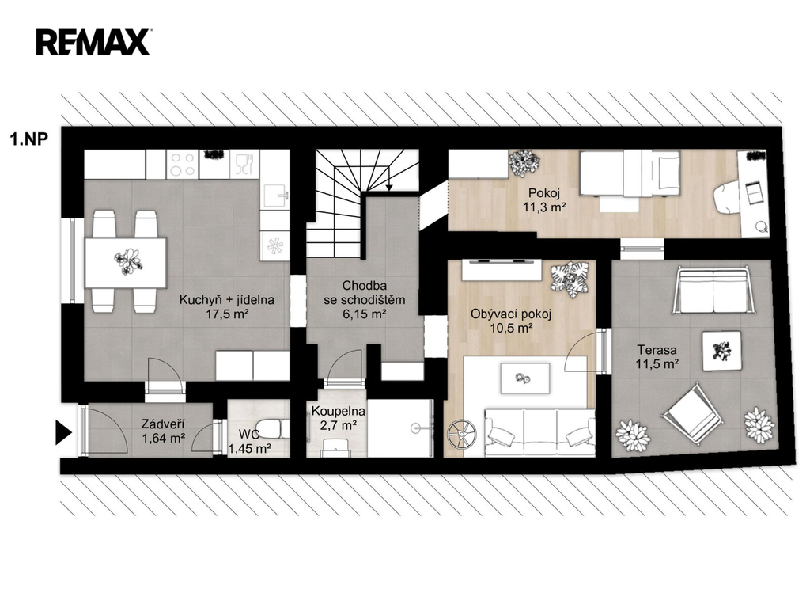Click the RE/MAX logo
[x=93, y=42]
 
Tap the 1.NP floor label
[x=29, y=139]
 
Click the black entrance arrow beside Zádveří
[x=63, y=432]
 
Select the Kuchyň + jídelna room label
[x=227, y=300]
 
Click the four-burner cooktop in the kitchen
[x=183, y=165]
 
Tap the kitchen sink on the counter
[x=275, y=196]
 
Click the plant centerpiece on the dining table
[x=127, y=261]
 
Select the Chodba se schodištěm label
[x=364, y=293]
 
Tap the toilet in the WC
[x=273, y=428]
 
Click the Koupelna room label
[x=338, y=412]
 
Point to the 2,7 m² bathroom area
[x=339, y=425]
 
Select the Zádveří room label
[x=163, y=424]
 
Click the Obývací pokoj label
[x=511, y=313]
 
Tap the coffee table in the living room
[x=525, y=378]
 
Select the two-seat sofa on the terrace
[x=713, y=291]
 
